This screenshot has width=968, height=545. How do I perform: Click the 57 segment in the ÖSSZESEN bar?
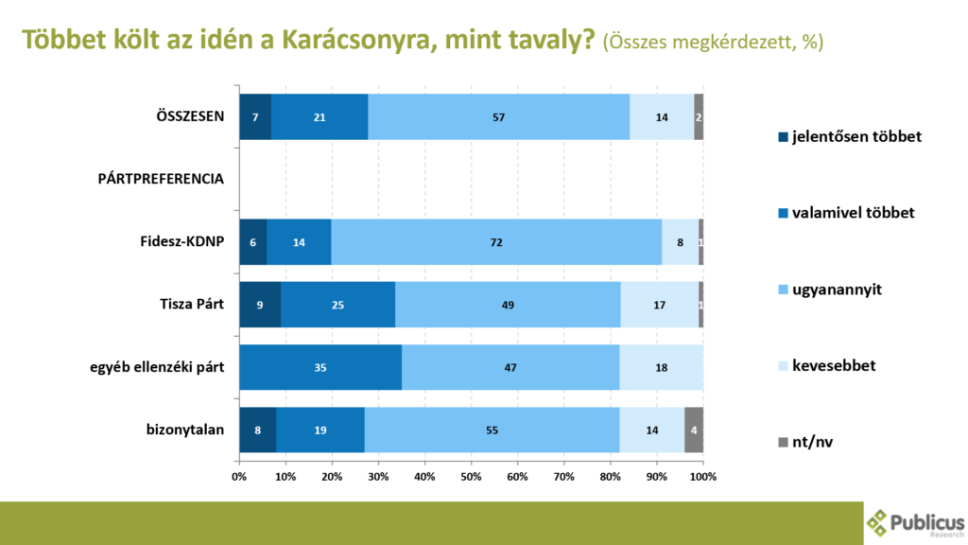tap(499, 116)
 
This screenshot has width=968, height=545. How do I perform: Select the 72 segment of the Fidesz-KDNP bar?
tap(496, 242)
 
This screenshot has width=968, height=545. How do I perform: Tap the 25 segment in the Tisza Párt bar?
tap(337, 305)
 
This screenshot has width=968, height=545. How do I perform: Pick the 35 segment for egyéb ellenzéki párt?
tap(320, 368)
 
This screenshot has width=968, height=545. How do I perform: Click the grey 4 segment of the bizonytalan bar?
tap(694, 431)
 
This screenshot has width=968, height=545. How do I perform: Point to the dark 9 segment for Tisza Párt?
tap(260, 305)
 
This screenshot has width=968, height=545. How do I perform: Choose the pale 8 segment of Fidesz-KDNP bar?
tap(681, 242)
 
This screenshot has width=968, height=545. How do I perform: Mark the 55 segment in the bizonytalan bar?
tap(492, 431)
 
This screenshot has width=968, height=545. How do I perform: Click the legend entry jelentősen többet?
tap(850, 136)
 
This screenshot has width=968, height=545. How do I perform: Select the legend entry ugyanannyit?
tap(830, 290)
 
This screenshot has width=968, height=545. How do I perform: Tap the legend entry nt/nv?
tap(805, 442)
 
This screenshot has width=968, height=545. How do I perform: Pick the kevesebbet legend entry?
tap(827, 366)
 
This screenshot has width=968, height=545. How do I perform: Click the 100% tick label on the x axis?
tap(703, 477)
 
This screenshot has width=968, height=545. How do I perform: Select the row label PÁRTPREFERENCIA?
tap(161, 179)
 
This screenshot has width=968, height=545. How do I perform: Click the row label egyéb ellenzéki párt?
tap(157, 368)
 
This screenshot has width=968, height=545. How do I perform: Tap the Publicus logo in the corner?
tap(915, 523)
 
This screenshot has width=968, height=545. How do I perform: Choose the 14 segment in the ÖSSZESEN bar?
tap(662, 116)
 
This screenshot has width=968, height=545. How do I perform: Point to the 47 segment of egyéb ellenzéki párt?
tap(510, 368)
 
